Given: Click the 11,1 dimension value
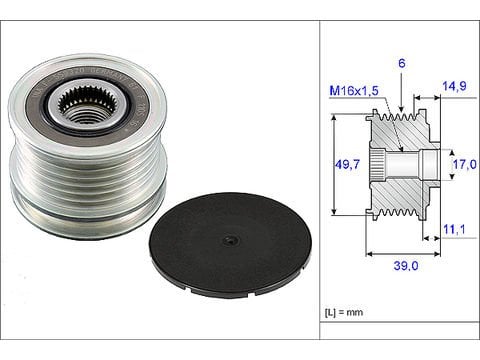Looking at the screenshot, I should tap(454, 230).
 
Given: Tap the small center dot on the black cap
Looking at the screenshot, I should tap(230, 239).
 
